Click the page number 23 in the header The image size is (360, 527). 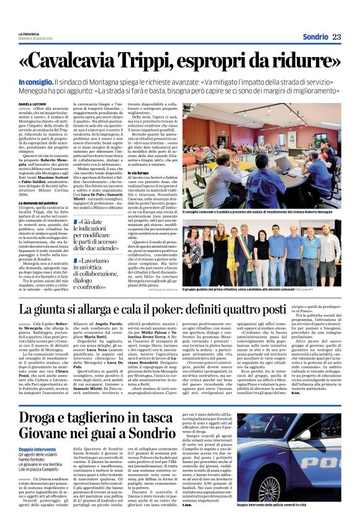[336, 37]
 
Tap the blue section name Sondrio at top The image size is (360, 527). [315, 37]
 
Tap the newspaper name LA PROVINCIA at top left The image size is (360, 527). [30, 34]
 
